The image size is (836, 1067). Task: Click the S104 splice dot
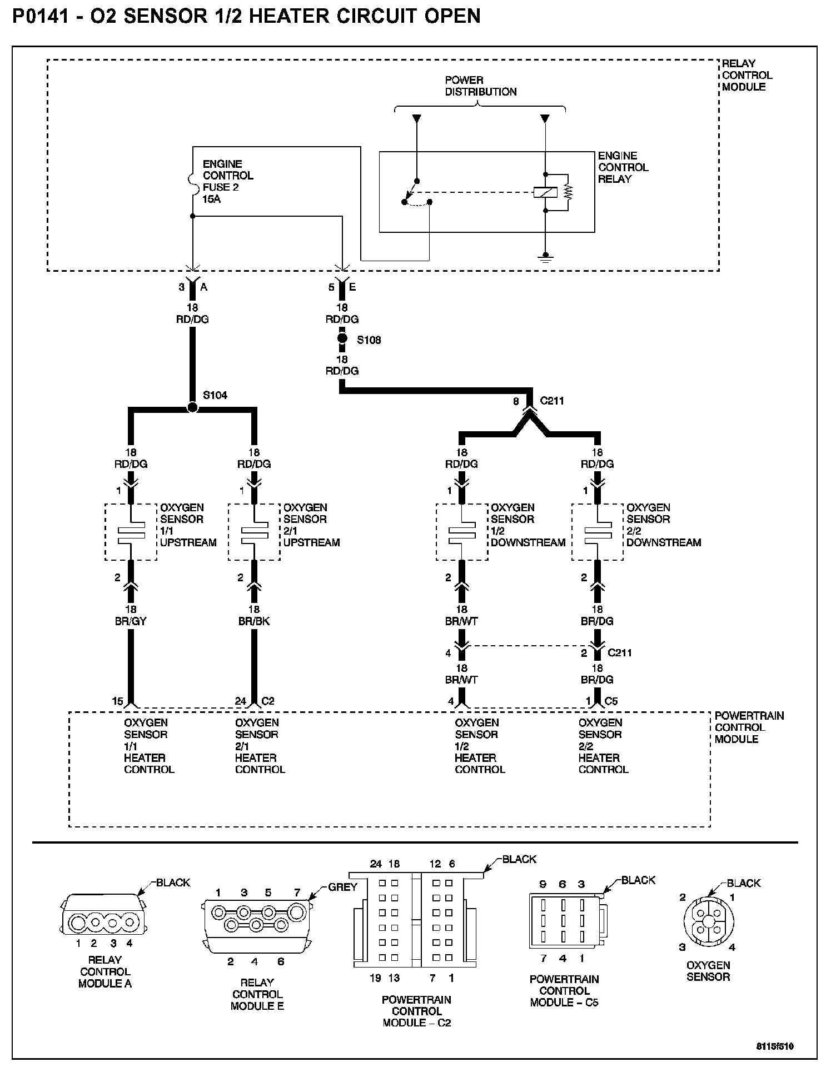click(x=192, y=407)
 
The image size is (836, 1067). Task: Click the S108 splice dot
click(x=342, y=338)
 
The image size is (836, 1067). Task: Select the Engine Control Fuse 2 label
click(x=227, y=181)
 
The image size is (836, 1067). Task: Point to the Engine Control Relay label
click(x=623, y=167)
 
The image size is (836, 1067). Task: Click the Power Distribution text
click(x=480, y=86)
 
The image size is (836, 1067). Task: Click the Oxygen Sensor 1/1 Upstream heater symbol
click(x=131, y=532)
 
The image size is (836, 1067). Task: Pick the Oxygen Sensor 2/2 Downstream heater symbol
click(x=598, y=532)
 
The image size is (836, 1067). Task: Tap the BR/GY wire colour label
click(x=131, y=621)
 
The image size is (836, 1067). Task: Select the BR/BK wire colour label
click(x=254, y=621)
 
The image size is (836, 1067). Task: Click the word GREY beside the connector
click(x=342, y=887)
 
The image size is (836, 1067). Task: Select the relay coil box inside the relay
click(x=545, y=192)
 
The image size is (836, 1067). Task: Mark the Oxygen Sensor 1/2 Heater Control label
click(x=480, y=746)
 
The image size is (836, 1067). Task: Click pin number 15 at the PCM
click(x=117, y=701)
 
